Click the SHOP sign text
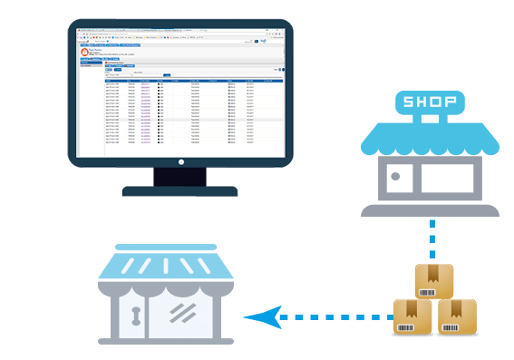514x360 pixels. click(x=430, y=102)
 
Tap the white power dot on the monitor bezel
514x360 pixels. click(x=179, y=162)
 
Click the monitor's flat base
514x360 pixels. click(x=179, y=191)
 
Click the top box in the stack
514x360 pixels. click(x=433, y=281)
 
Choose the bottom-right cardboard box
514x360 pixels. click(x=456, y=317)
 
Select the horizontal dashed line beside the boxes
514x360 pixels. click(x=335, y=317)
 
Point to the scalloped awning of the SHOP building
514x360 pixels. click(x=430, y=139)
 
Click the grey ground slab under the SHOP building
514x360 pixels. click(x=430, y=209)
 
